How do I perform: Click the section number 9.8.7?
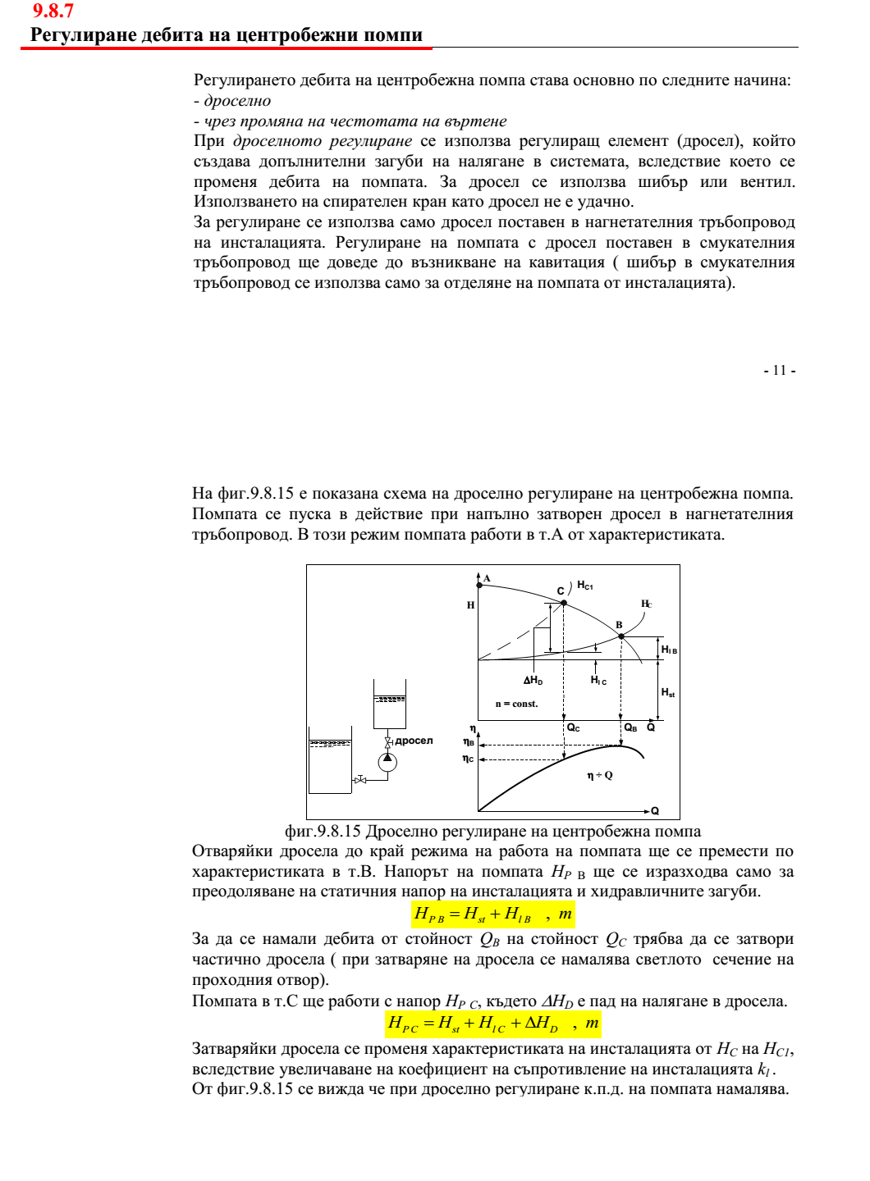(53, 11)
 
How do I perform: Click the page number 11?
(780, 370)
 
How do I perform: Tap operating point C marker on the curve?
(564, 603)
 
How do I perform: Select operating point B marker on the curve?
(621, 636)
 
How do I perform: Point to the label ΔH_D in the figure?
(533, 680)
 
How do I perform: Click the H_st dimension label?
(668, 692)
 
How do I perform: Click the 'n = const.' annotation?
(516, 704)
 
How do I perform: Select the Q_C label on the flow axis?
(574, 727)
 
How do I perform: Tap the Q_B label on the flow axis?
(630, 727)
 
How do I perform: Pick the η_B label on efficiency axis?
(469, 742)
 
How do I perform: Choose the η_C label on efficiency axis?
(468, 759)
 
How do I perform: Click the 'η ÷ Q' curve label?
(599, 775)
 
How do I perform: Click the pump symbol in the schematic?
(387, 762)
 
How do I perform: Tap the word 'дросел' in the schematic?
(414, 741)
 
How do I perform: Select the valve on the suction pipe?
(360, 780)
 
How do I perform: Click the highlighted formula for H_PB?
(493, 914)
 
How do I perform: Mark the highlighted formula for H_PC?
(493, 1023)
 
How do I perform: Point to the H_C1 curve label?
(584, 586)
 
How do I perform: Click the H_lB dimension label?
(669, 650)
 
